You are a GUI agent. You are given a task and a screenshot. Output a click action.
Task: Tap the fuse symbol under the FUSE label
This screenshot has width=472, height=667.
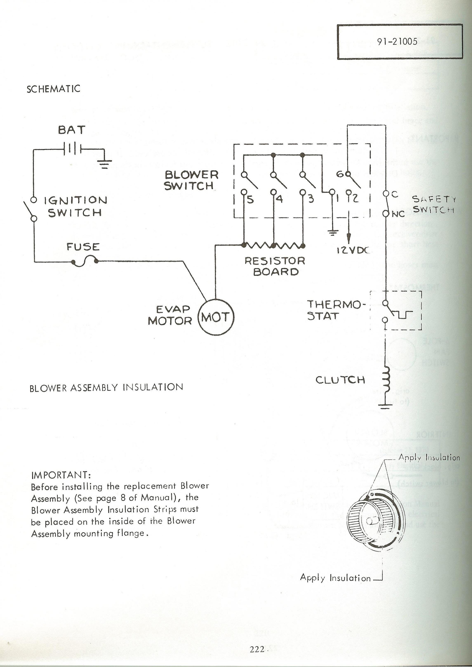point(85,261)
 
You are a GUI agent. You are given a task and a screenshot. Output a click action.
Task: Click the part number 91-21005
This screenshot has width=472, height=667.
point(397,42)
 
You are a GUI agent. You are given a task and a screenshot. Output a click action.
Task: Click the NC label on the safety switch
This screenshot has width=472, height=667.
point(398,214)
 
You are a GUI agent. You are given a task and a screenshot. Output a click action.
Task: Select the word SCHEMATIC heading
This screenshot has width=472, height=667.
point(53,89)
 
